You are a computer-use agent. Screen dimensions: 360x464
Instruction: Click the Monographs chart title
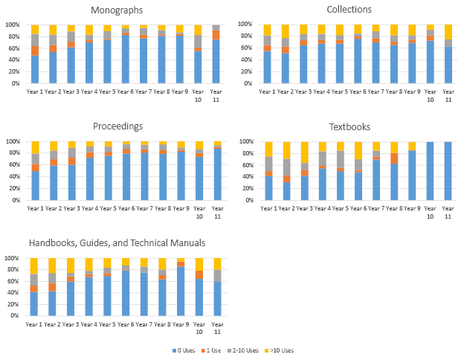tap(117, 10)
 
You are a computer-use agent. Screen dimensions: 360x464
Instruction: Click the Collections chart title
tap(349, 10)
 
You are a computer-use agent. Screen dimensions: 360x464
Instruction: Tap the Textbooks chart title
tap(349, 126)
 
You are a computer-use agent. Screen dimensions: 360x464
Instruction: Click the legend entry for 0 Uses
tap(185, 350)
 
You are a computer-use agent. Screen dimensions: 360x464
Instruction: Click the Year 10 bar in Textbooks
tap(430, 170)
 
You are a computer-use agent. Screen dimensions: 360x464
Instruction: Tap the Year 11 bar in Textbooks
tap(448, 170)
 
